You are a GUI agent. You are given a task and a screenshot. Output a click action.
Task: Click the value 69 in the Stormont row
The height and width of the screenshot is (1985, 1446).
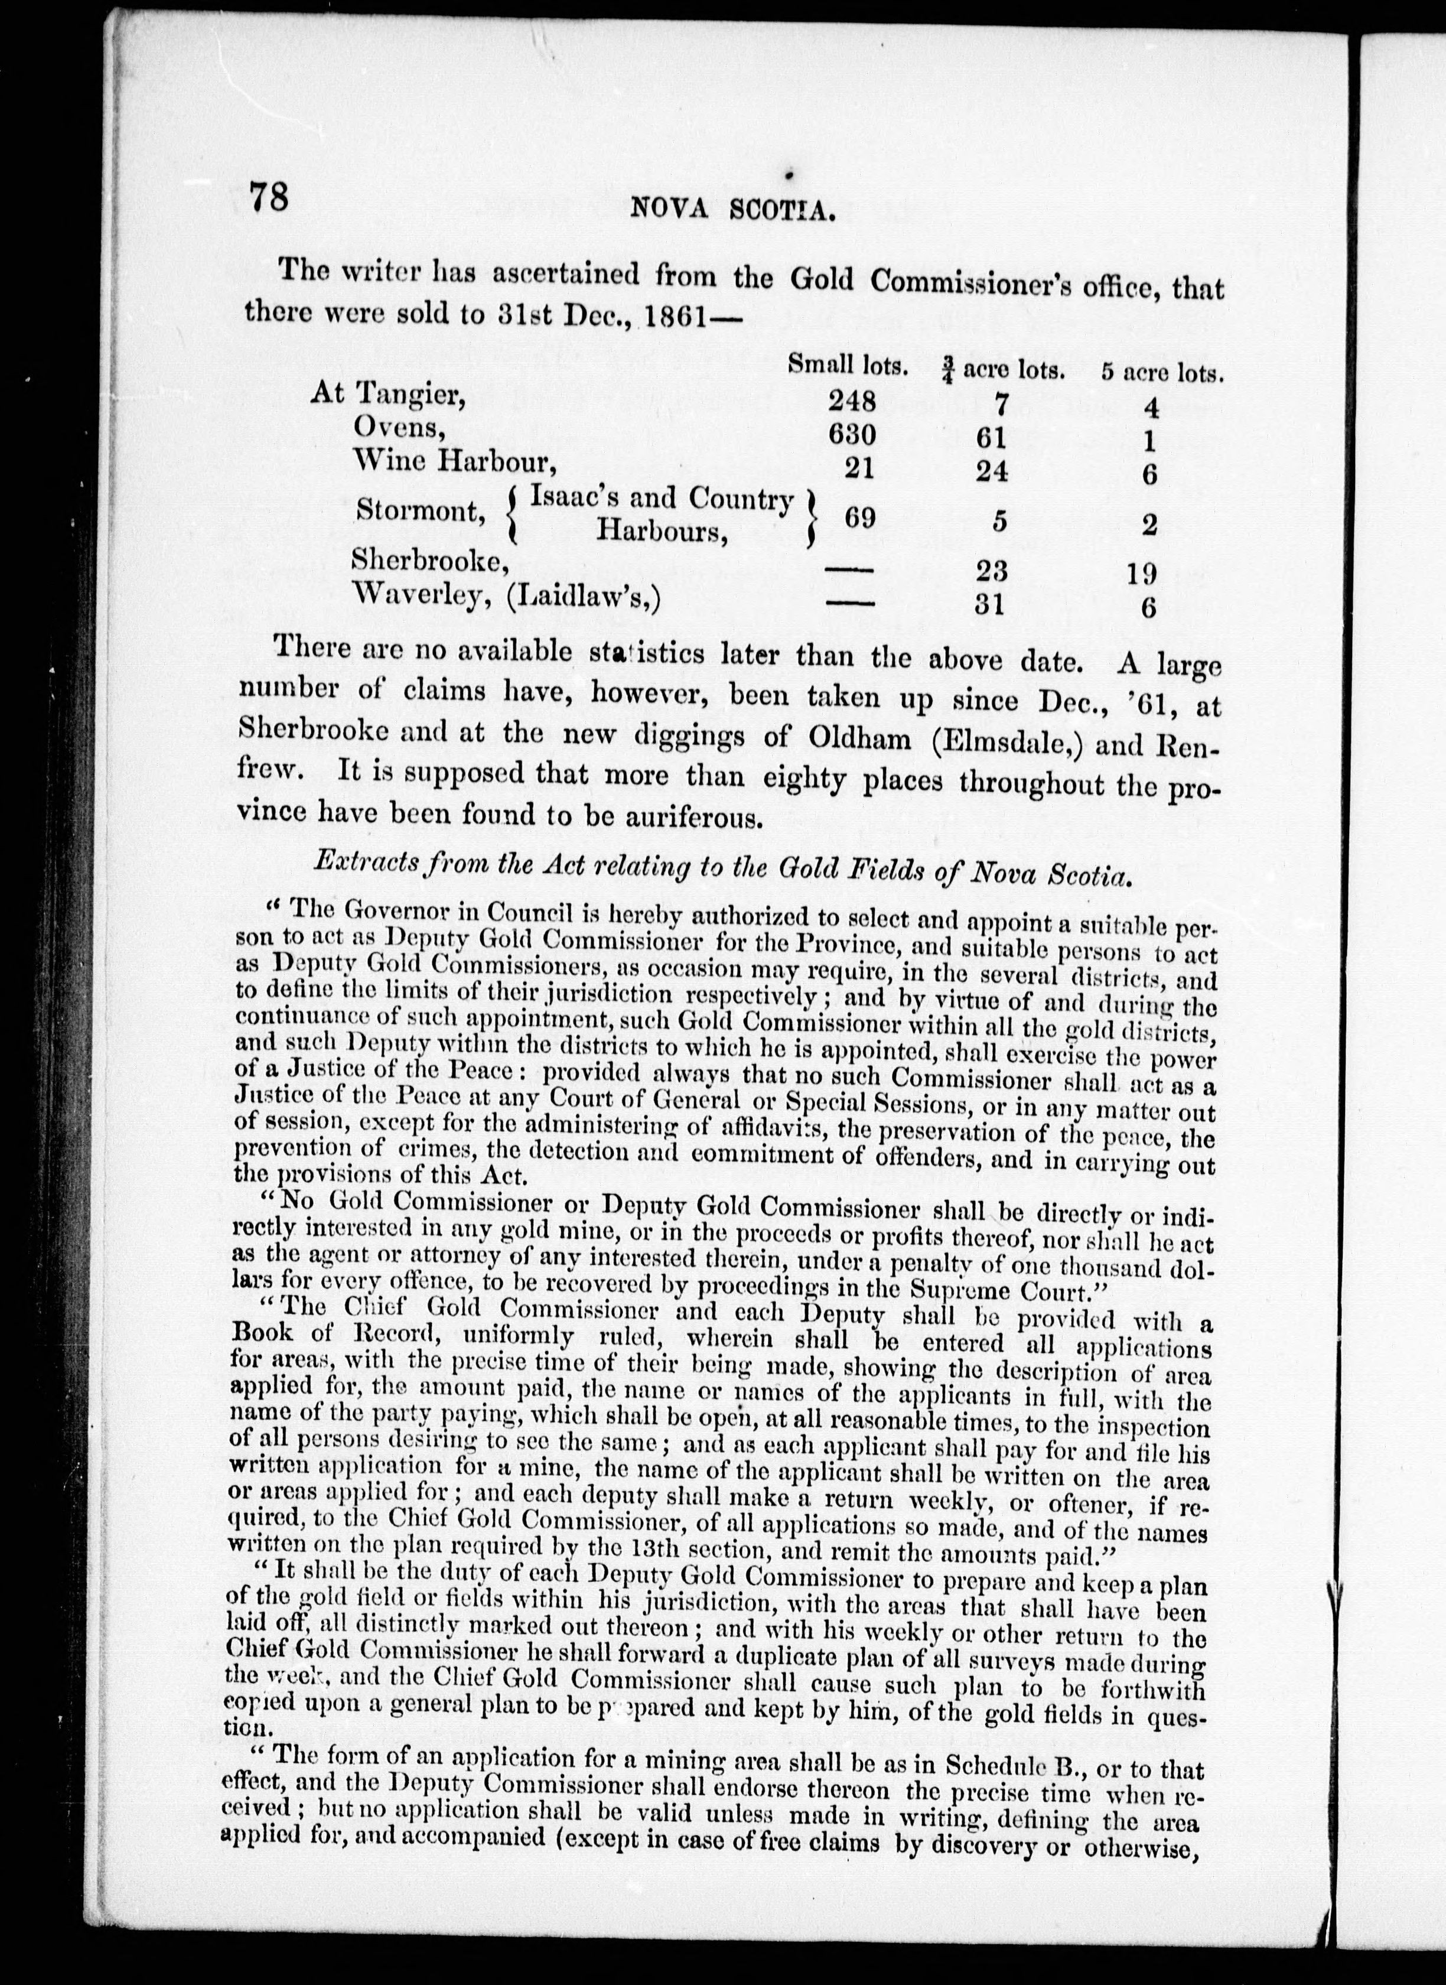pyautogui.click(x=859, y=518)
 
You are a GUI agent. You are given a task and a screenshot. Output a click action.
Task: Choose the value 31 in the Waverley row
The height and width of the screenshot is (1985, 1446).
pyautogui.click(x=989, y=604)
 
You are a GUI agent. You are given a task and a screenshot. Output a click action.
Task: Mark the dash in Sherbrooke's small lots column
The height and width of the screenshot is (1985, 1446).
pyautogui.click(x=849, y=570)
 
